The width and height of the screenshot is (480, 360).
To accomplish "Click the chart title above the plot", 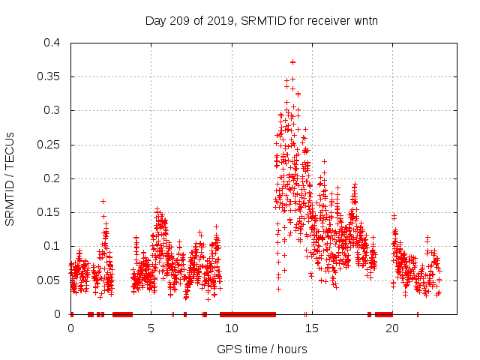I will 261,20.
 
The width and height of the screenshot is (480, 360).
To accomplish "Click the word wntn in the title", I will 364,20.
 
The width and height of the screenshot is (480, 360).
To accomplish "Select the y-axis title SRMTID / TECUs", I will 10,178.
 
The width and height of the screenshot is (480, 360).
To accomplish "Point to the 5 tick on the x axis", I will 151,328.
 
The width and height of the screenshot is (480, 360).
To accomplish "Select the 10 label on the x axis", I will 231,328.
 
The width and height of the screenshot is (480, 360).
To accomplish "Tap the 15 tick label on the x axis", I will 311,328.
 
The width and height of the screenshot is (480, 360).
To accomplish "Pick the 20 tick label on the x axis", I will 391,328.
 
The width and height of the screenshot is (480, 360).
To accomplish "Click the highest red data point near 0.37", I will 292,62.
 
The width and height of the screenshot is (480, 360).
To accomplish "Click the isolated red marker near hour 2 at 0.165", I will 103,201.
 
